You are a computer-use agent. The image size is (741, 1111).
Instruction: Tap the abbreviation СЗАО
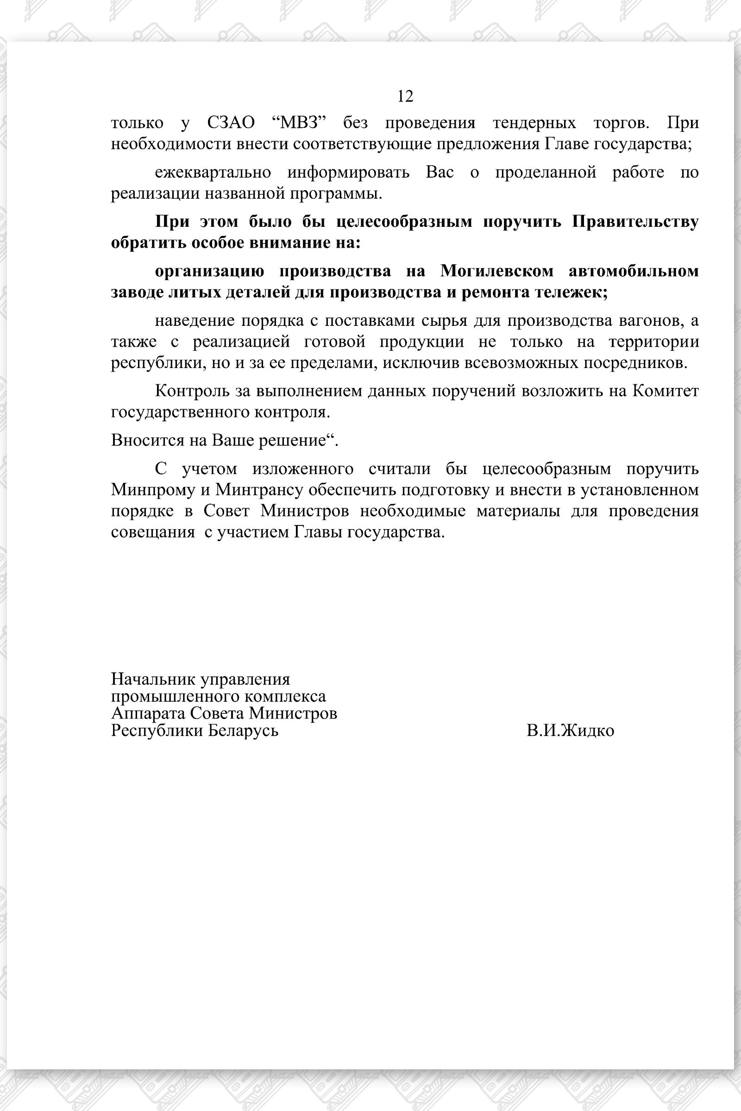pyautogui.click(x=231, y=123)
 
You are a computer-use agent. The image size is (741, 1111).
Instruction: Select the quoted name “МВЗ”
pyautogui.click(x=300, y=123)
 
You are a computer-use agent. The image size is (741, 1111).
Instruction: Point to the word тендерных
pyautogui.click(x=534, y=123)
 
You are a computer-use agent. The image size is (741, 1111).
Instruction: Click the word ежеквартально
pyautogui.click(x=213, y=172)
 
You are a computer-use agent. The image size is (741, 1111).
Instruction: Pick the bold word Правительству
pyautogui.click(x=635, y=222)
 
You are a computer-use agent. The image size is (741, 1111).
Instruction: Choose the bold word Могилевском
pyautogui.click(x=496, y=271)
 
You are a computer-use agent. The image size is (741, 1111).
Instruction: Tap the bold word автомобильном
pyautogui.click(x=634, y=271)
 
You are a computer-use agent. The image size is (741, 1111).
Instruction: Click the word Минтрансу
pyautogui.click(x=259, y=490)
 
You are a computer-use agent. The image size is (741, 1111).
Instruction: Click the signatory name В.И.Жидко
pyautogui.click(x=571, y=731)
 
